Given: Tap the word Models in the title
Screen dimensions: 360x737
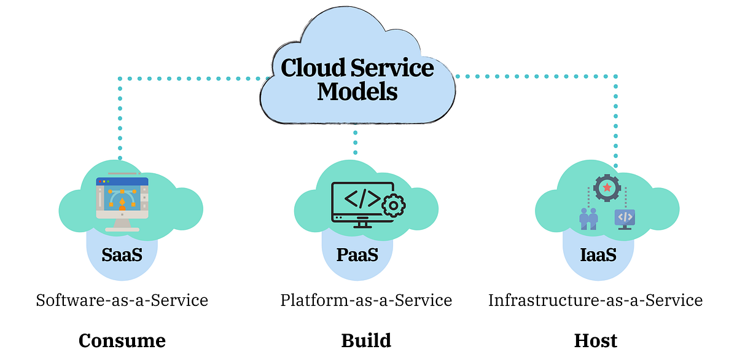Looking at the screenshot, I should pos(357,92).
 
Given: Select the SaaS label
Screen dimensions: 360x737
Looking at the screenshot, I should pos(122,254).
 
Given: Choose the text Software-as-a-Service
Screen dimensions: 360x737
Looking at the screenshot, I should pos(122,300).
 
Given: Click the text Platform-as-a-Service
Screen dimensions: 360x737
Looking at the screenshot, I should pos(366,300).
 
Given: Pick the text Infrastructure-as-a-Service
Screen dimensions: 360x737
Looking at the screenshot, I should pos(595,300).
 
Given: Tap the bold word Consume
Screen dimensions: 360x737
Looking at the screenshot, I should pos(122,340).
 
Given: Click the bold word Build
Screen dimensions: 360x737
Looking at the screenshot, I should pos(366,340).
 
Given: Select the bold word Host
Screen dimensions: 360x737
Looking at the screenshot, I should pos(595,340).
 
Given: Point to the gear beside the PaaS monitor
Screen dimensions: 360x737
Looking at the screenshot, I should pos(393,206).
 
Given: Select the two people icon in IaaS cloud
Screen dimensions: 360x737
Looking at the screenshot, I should pos(588,218).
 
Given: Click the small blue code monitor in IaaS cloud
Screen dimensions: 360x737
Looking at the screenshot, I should pos(625,218).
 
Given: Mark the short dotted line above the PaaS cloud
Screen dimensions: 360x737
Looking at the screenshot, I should pos(355,141).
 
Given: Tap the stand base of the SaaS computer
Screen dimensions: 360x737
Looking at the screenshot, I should pos(122,229).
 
